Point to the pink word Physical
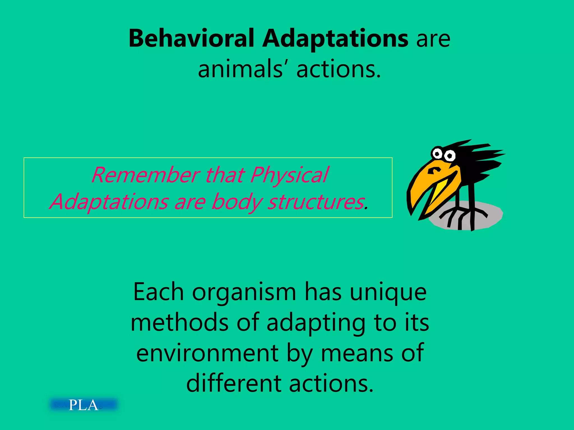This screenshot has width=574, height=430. click(x=289, y=175)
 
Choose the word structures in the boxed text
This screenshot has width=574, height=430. click(x=316, y=202)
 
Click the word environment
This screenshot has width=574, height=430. click(x=207, y=353)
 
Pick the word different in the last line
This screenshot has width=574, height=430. click(x=233, y=384)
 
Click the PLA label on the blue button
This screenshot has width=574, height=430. click(x=83, y=405)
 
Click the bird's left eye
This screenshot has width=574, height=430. click(x=437, y=153)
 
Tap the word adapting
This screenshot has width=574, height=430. click(x=316, y=323)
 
